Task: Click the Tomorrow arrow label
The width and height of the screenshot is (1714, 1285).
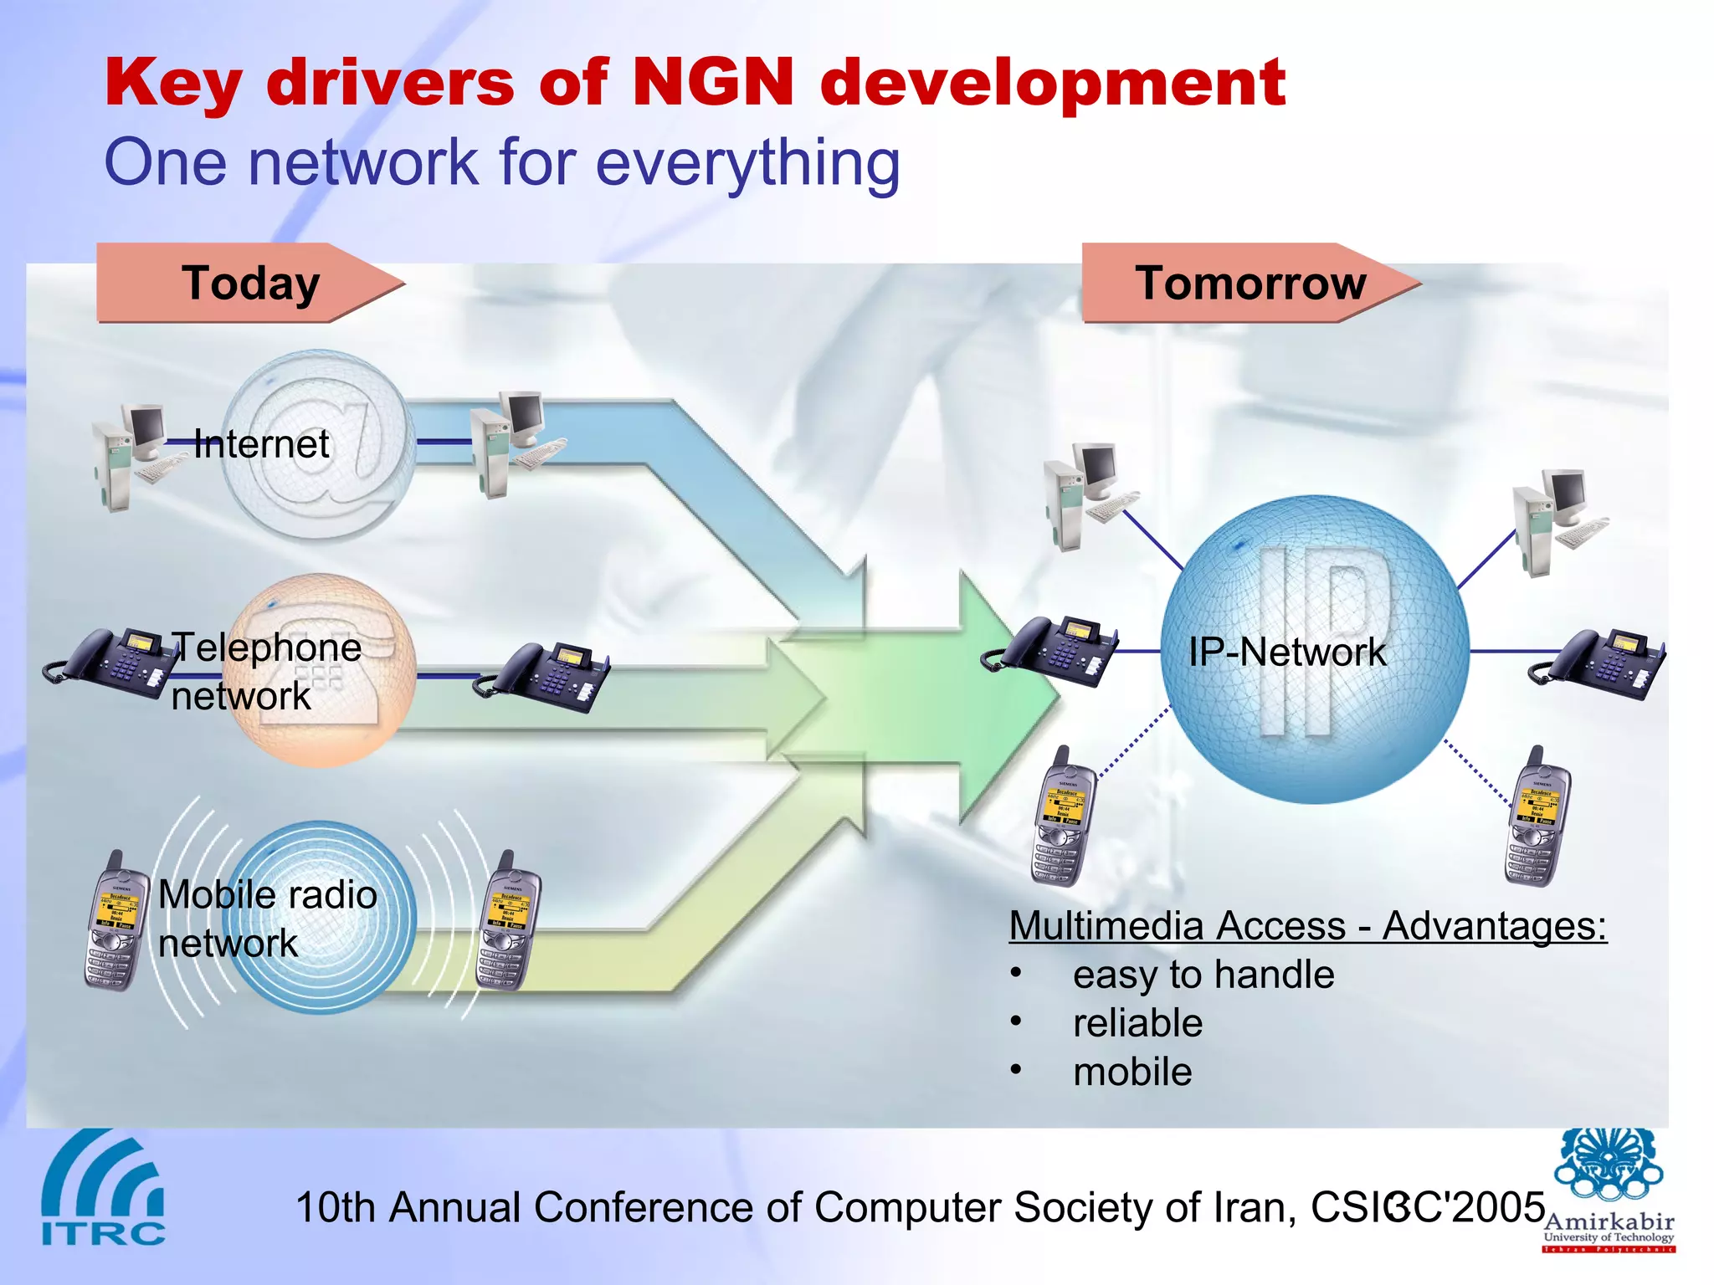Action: click(x=1250, y=283)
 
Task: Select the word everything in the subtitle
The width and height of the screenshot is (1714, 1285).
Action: click(x=747, y=162)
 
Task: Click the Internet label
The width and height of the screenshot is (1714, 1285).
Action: click(x=261, y=444)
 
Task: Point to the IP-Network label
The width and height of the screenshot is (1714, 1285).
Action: click(x=1286, y=652)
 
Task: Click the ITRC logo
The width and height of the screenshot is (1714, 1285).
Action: click(x=103, y=1189)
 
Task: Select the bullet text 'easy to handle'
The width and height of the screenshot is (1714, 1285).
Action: click(x=1203, y=975)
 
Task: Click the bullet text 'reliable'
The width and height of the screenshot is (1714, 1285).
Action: click(x=1137, y=1023)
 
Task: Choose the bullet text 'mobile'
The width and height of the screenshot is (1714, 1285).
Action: click(x=1132, y=1072)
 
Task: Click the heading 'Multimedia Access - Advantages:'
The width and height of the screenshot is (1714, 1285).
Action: click(x=1307, y=926)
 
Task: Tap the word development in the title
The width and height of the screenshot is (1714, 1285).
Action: click(x=1053, y=84)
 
